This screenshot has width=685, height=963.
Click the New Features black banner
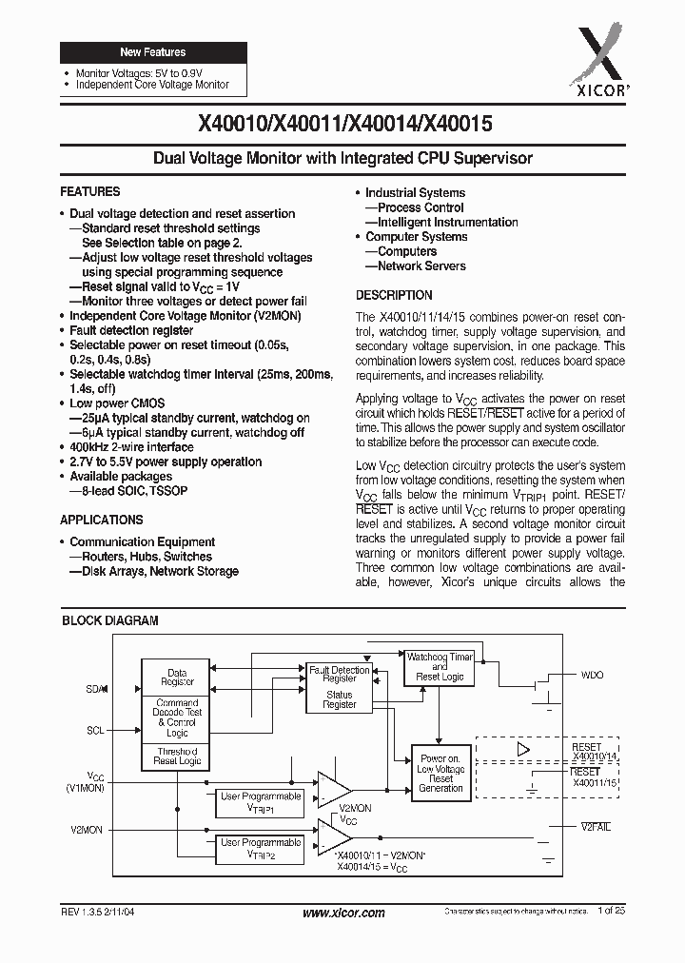pyautogui.click(x=152, y=52)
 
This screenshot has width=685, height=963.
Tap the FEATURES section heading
pyautogui.click(x=90, y=191)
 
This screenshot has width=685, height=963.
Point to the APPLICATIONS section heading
pyautogui.click(x=102, y=520)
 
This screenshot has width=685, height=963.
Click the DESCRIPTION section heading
pyautogui.click(x=394, y=295)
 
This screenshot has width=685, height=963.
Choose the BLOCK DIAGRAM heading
pyautogui.click(x=110, y=620)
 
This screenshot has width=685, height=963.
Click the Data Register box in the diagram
pyautogui.click(x=177, y=677)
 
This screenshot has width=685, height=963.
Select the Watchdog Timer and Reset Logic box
pyautogui.click(x=439, y=666)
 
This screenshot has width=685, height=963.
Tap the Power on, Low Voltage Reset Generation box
pyautogui.click(x=440, y=774)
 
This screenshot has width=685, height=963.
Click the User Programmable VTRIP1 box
pyautogui.click(x=260, y=801)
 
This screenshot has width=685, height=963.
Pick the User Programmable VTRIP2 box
pyautogui.click(x=260, y=848)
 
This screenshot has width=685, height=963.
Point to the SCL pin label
pyautogui.click(x=94, y=731)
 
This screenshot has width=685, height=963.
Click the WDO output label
pyautogui.click(x=592, y=675)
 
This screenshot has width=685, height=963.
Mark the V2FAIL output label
pyautogui.click(x=596, y=827)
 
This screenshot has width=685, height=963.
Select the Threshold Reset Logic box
pyautogui.click(x=177, y=757)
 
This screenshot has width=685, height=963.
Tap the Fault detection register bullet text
pyautogui.click(x=131, y=329)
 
